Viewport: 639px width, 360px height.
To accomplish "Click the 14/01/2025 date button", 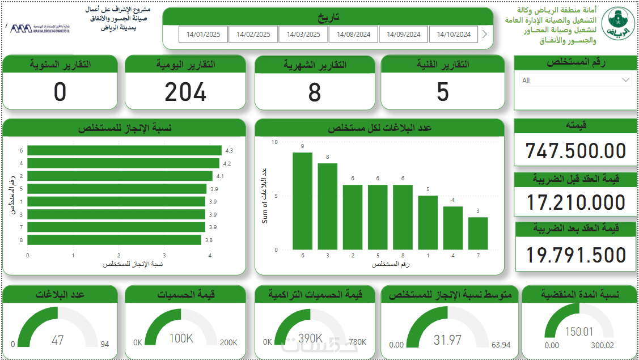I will coord(203,35).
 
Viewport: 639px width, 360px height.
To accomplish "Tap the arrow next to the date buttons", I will coord(484,34).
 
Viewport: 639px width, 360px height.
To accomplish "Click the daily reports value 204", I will coord(185,92).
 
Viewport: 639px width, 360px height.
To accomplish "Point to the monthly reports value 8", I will coord(315,92).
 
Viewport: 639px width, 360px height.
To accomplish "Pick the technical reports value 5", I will coord(443,92).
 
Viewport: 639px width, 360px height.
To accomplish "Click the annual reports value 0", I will coord(60,92).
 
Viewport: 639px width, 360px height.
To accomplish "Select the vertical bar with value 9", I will coord(303,201).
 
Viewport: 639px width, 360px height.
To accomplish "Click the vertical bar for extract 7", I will coord(478,233).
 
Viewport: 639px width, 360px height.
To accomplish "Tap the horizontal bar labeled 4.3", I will coord(124,150).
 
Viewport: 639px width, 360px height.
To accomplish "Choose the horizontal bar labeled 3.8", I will coord(114,240).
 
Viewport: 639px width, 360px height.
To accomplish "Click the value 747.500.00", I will coord(575,151).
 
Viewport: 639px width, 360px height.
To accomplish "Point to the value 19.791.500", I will coord(575,255).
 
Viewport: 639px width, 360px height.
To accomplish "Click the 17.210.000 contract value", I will coord(575,202).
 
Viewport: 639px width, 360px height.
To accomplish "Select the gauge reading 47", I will coord(58,340).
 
